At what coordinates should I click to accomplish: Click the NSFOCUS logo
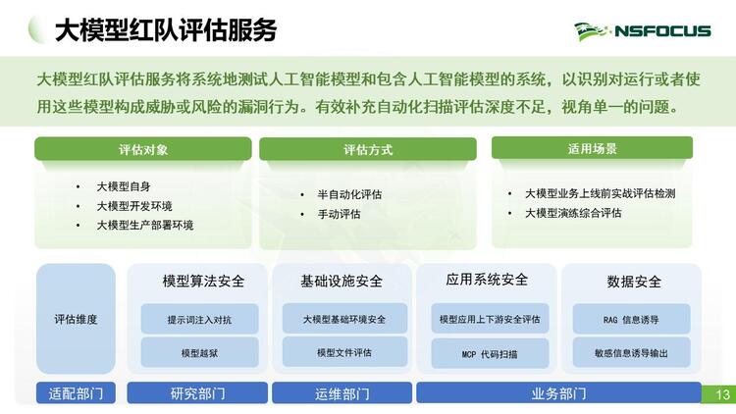(x=642, y=31)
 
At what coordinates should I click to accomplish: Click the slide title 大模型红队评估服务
(x=166, y=30)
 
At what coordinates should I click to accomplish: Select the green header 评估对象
(x=143, y=149)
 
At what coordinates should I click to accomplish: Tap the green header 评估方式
(x=368, y=149)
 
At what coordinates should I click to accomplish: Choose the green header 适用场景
(x=592, y=148)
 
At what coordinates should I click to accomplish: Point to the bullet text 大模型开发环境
(x=134, y=206)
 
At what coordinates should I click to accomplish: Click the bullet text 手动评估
(x=339, y=214)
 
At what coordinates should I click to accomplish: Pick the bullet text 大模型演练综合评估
(x=573, y=213)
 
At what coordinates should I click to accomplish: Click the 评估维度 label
(x=76, y=319)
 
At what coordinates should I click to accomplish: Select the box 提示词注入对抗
(x=199, y=319)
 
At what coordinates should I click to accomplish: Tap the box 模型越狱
(x=199, y=352)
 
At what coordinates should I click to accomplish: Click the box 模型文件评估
(x=344, y=352)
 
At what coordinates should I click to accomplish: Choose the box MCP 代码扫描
(x=490, y=353)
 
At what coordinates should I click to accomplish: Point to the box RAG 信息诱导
(x=631, y=319)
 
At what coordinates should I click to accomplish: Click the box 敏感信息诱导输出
(x=631, y=352)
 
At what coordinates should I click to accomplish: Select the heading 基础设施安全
(x=342, y=281)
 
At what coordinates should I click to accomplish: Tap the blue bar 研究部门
(x=197, y=392)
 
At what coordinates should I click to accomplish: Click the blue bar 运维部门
(x=342, y=392)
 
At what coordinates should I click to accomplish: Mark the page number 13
(x=723, y=394)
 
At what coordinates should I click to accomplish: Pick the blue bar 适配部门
(x=76, y=392)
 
